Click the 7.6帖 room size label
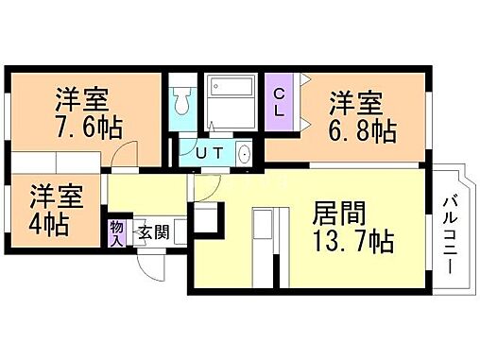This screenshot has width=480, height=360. point(80,127)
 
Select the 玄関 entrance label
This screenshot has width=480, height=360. point(153,232)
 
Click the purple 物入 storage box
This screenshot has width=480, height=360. point(116,231)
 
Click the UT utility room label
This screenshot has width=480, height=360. point(213,152)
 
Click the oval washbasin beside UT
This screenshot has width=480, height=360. point(245,153)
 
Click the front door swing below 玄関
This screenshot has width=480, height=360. point(146,263)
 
